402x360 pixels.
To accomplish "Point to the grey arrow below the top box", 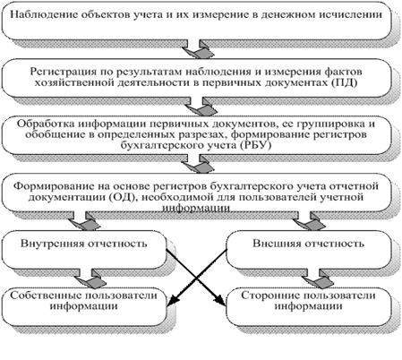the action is [199, 49].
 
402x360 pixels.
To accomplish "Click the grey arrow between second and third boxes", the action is [201, 106].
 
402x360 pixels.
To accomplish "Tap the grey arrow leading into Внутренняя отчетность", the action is [84, 220].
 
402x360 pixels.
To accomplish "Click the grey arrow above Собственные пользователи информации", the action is [90, 279].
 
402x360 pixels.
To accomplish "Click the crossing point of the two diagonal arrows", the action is [197, 278].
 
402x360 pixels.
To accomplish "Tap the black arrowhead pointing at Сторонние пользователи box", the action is [221, 300].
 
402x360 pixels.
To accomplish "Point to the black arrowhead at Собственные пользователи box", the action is [173, 301].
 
